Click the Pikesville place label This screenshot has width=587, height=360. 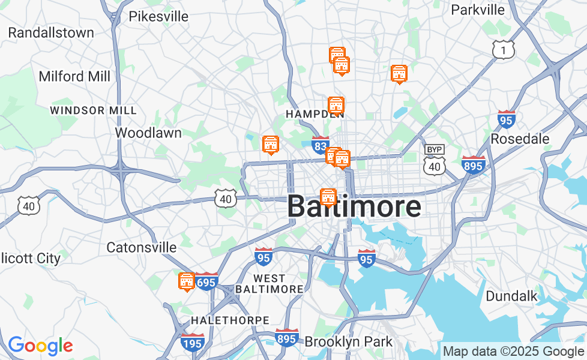pos(158,16)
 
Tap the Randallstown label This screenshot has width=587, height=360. pos(51,32)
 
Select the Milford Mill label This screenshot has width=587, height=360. pos(74,76)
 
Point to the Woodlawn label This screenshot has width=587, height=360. pos(148,133)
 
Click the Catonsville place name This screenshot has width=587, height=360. pos(142,247)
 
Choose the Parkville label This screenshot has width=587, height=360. pos(478,10)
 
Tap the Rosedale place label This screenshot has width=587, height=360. pos(520,139)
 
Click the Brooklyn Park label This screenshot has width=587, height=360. pos(349,341)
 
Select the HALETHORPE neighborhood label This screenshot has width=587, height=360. pos(230,320)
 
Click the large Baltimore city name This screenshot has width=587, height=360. pos(354,207)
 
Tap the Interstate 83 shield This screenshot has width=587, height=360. pos(321,145)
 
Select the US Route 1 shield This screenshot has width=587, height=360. pos(503,50)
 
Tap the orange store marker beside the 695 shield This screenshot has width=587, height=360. pos(187,281)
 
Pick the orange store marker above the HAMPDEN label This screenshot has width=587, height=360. pos(336,105)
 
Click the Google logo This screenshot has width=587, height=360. pos(40,346)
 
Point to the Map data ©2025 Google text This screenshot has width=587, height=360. pos(513,351)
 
